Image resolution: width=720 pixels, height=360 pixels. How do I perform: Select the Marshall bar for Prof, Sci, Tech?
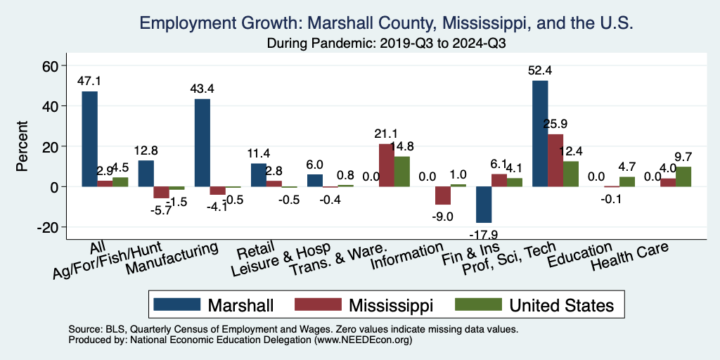point(540,134)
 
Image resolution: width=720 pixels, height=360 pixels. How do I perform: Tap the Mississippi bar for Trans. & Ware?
point(387,165)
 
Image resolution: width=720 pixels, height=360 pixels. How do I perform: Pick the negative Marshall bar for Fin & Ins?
point(484,205)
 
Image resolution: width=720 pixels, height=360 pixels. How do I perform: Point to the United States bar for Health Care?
point(683,176)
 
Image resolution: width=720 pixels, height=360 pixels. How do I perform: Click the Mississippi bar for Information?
point(443,195)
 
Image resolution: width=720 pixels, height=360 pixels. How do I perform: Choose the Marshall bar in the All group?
point(89,139)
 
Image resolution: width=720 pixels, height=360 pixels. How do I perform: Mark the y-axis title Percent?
point(22,146)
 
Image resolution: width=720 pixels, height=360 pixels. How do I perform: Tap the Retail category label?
point(250,251)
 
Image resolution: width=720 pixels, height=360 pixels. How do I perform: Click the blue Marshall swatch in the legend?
point(176,304)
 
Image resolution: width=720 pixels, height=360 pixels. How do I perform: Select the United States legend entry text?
point(561,305)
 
